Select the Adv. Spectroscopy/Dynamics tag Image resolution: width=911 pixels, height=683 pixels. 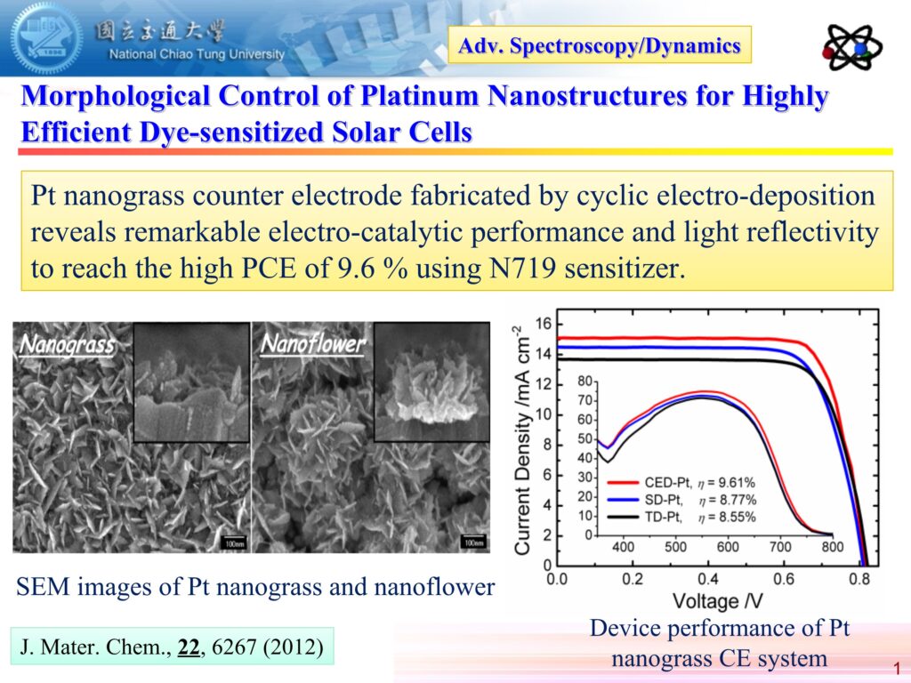pos(601,45)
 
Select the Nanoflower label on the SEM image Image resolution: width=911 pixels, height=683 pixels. pos(310,342)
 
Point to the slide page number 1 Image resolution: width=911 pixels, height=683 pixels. pos(895,668)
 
